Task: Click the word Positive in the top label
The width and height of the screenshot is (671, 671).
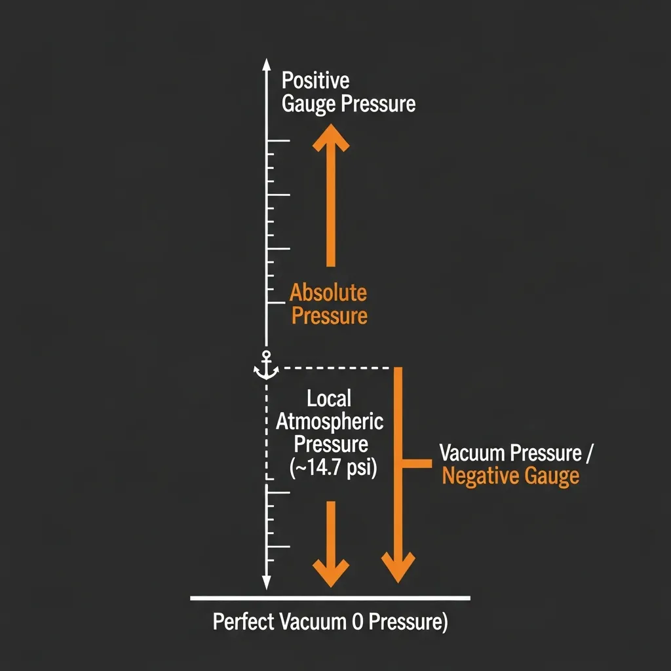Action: click(x=315, y=81)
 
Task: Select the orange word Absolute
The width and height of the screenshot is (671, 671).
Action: click(x=328, y=293)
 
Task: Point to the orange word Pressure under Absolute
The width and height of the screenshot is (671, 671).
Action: click(x=330, y=316)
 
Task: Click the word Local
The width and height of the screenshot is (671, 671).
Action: click(x=329, y=398)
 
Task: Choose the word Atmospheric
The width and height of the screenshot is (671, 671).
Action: click(x=330, y=422)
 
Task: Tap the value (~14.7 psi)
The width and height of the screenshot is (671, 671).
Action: click(x=334, y=467)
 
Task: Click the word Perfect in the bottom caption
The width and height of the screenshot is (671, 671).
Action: click(x=243, y=621)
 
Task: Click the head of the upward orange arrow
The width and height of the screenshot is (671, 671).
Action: click(x=331, y=137)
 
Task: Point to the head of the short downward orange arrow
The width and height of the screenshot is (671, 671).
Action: click(x=331, y=573)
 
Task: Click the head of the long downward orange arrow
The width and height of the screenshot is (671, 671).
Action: click(x=398, y=567)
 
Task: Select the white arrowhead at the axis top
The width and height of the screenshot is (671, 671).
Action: click(x=266, y=65)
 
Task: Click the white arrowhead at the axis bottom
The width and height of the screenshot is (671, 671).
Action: click(x=266, y=583)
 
